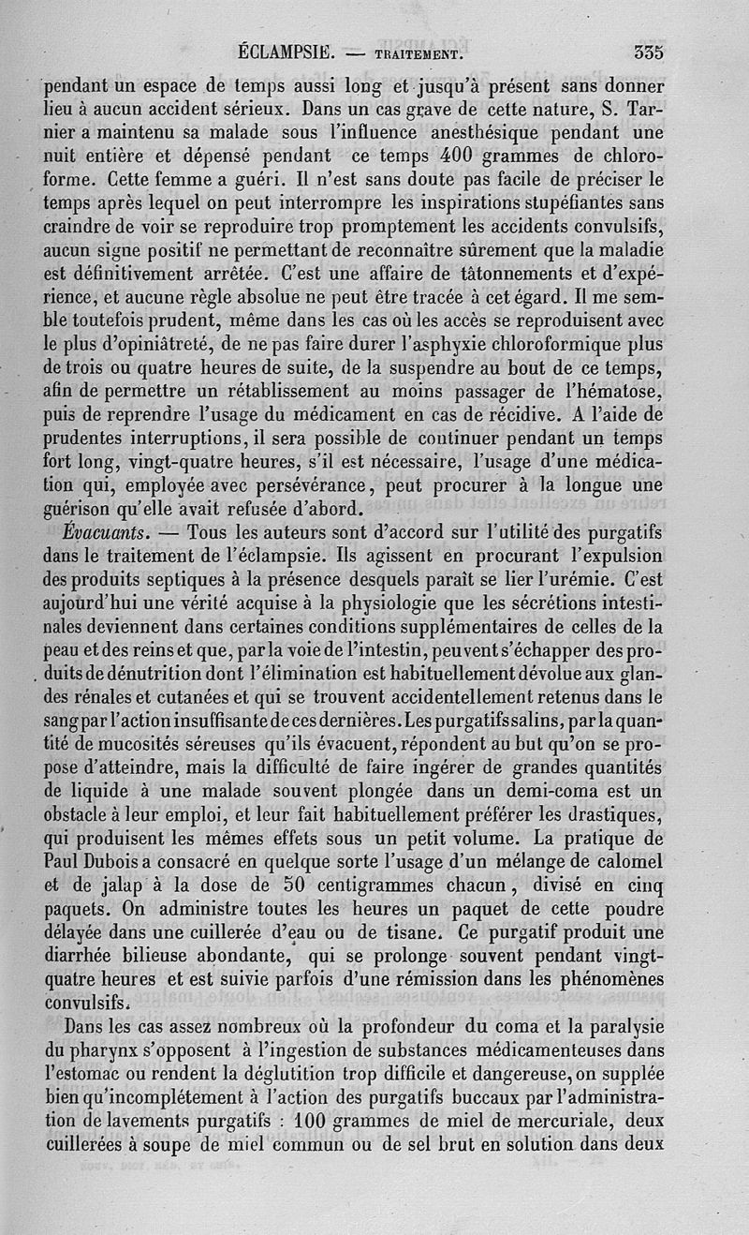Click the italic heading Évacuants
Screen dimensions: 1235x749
(x=102, y=532)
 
